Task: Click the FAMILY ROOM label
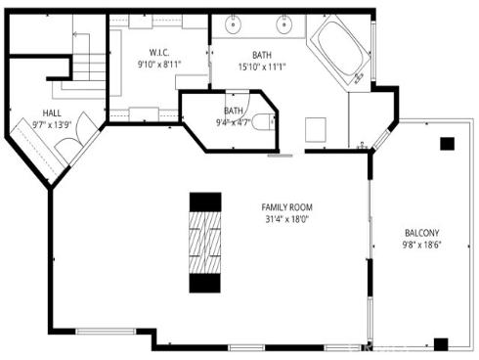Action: tap(285, 207)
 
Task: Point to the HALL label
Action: tap(51, 112)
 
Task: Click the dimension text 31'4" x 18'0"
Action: tap(285, 220)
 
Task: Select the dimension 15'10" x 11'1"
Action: tap(262, 67)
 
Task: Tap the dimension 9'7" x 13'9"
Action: tap(51, 125)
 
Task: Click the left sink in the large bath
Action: tap(236, 22)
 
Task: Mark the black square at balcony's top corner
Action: tap(447, 143)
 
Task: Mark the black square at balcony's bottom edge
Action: tap(441, 343)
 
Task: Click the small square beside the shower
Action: tap(316, 128)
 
